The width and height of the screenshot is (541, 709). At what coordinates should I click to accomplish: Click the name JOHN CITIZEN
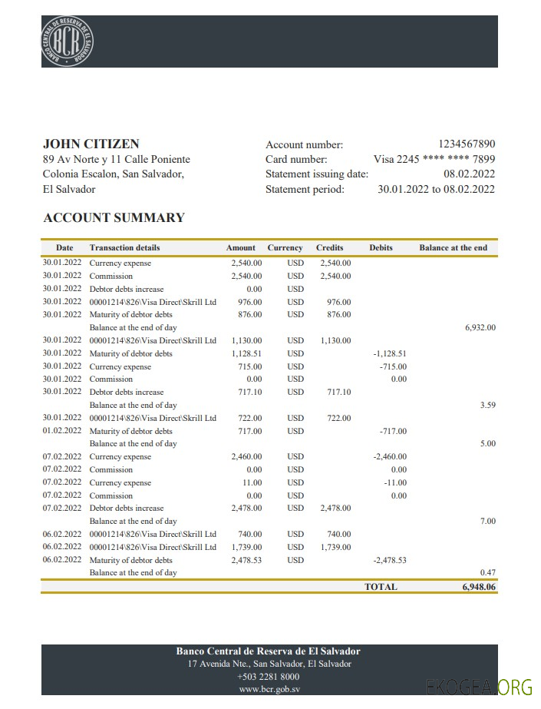pyautogui.click(x=91, y=144)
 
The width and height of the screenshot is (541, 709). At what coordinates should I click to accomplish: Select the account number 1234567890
pyautogui.click(x=467, y=144)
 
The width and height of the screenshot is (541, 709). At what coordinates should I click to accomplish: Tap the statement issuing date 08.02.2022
pyautogui.click(x=469, y=174)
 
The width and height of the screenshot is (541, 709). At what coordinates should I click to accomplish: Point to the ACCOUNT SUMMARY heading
pyautogui.click(x=114, y=217)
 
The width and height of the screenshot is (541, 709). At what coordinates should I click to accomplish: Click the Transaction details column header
pyautogui.click(x=125, y=248)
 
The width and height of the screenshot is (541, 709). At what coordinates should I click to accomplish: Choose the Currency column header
pyautogui.click(x=285, y=248)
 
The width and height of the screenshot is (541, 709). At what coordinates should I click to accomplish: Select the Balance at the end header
pyautogui.click(x=453, y=248)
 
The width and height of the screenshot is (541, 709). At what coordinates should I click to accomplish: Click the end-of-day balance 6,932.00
pyautogui.click(x=480, y=327)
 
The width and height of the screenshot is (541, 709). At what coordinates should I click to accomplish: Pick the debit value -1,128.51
pyautogui.click(x=389, y=353)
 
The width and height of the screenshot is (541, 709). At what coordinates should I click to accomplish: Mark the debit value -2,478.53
pyautogui.click(x=389, y=560)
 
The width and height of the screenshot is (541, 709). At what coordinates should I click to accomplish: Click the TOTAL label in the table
pyautogui.click(x=381, y=587)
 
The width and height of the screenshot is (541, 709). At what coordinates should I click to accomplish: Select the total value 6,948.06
pyautogui.click(x=479, y=587)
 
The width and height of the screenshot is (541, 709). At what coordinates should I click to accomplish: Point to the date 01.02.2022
pyautogui.click(x=62, y=431)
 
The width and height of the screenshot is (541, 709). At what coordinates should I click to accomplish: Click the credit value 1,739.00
pyautogui.click(x=335, y=547)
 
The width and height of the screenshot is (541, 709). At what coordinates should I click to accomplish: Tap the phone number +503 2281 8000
pyautogui.click(x=269, y=677)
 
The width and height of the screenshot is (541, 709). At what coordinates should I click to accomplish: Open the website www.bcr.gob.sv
pyautogui.click(x=269, y=690)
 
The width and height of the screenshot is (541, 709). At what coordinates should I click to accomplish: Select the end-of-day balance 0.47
pyautogui.click(x=487, y=572)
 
